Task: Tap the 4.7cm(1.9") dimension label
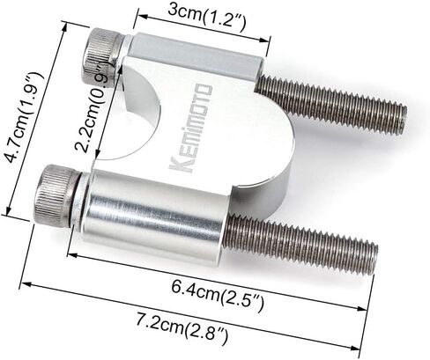tap(25, 117)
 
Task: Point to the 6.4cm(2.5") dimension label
tap(218, 296)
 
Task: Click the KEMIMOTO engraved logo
tap(191, 128)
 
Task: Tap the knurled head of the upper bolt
tap(102, 55)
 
